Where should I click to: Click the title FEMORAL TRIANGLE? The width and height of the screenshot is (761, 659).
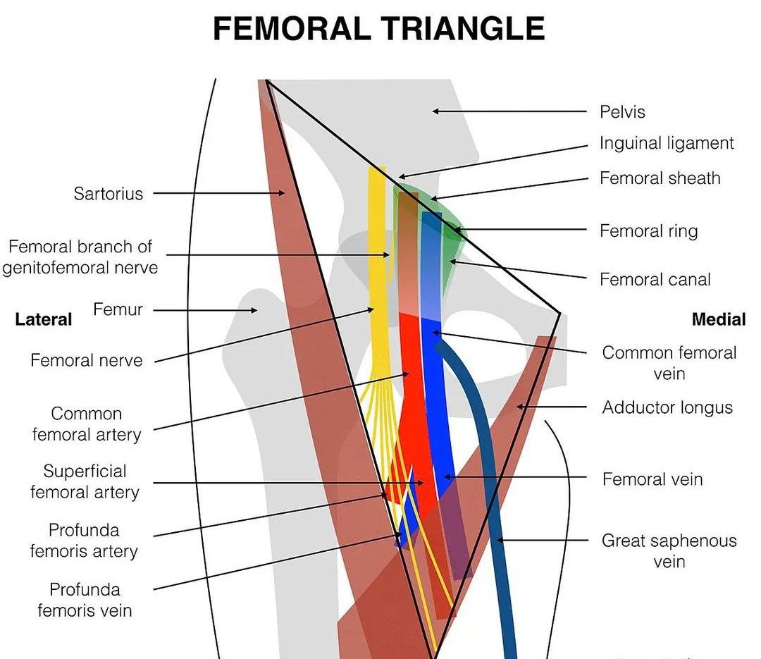[378, 30]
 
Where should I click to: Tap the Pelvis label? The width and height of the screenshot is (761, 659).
[622, 111]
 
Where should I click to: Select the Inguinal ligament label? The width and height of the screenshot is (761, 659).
[667, 143]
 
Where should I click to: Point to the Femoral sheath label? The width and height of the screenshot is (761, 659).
[660, 178]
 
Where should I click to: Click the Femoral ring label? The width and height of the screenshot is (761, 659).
[648, 230]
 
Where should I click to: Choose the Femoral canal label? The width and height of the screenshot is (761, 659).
[655, 279]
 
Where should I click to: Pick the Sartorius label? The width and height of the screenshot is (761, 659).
[108, 193]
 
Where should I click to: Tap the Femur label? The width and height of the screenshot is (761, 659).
[118, 309]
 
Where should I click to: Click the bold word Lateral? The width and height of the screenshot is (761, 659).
[43, 319]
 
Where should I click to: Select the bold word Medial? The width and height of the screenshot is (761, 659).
[718, 319]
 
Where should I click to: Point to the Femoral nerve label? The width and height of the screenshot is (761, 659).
[86, 361]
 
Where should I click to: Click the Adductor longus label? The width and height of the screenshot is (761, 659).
[667, 407]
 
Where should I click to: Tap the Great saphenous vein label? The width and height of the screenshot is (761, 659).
[669, 550]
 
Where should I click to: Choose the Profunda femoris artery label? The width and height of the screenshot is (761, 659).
[83, 540]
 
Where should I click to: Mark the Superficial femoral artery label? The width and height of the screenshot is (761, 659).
[85, 481]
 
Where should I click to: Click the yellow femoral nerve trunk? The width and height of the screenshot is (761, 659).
[378, 268]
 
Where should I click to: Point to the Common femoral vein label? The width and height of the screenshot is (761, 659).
[669, 362]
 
